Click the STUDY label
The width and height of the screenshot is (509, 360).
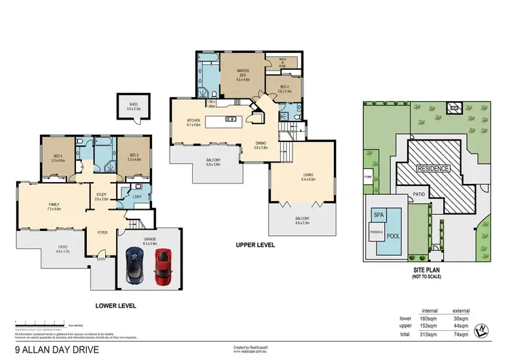[102, 196]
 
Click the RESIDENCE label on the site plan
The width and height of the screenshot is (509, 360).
[432, 168]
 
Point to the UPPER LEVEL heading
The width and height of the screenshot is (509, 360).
[255, 245]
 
